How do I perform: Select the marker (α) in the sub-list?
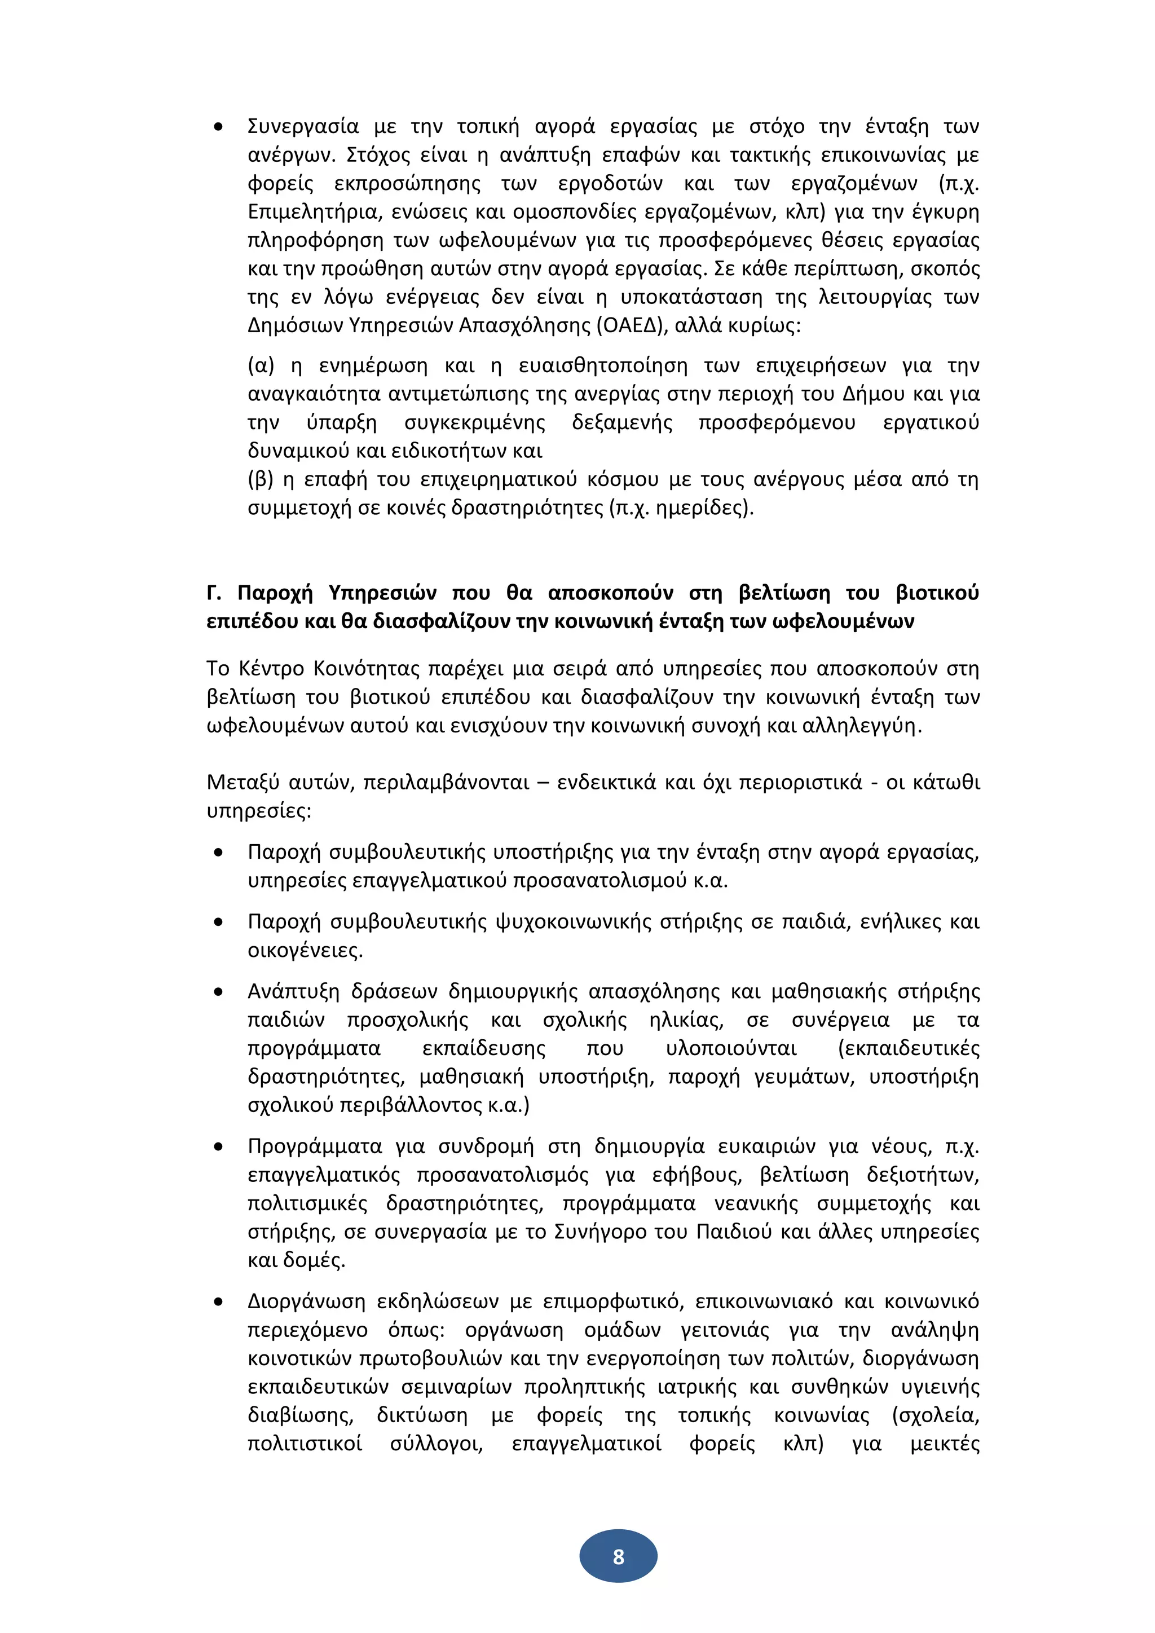click(261, 365)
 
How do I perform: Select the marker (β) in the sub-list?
click(261, 479)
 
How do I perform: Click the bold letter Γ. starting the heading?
click(213, 593)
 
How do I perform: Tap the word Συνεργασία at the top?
click(303, 127)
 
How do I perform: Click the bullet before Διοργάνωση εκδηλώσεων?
click(218, 1301)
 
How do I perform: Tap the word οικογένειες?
click(305, 950)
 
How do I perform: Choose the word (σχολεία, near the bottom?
click(935, 1415)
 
